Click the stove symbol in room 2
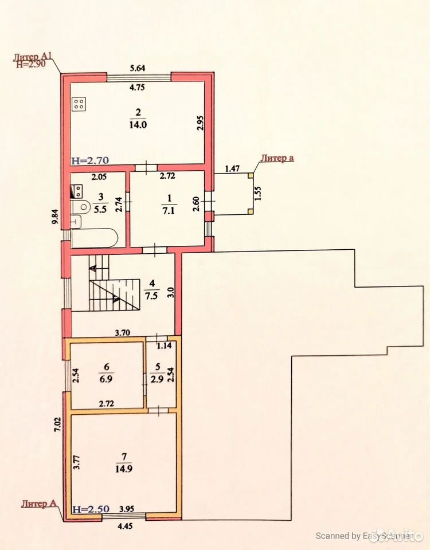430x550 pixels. point(79,104)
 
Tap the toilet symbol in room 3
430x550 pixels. point(80,207)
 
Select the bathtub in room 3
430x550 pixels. point(95,238)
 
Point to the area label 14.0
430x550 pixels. point(138,124)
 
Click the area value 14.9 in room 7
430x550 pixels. point(124,469)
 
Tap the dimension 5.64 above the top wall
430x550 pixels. point(138,68)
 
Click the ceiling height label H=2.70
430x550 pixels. point(90,160)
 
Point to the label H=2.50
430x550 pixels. point(91,509)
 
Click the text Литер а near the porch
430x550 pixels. point(277,158)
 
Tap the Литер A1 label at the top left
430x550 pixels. point(33,57)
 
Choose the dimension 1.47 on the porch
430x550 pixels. point(232,168)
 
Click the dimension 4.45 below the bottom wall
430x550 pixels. point(125,526)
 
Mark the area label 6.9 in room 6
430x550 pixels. point(105,379)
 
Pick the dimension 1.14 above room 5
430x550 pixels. point(165,345)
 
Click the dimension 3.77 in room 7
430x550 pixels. point(77,462)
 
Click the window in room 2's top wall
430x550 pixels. point(139,78)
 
